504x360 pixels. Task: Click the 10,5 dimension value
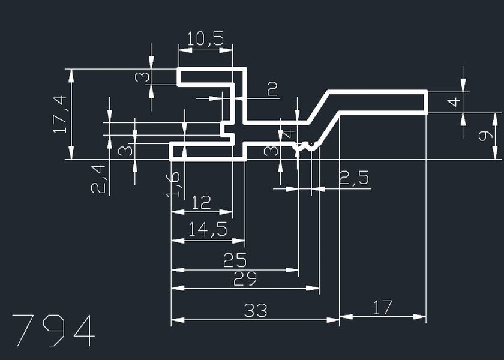pyautogui.click(x=205, y=40)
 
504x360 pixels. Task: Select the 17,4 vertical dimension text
pyautogui.click(x=60, y=114)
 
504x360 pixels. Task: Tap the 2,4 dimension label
pyautogui.click(x=100, y=179)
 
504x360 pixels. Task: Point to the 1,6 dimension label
pyautogui.click(x=172, y=185)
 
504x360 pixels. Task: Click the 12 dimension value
pyautogui.click(x=201, y=203)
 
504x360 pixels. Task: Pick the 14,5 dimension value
pyautogui.click(x=208, y=230)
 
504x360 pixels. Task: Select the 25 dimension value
pyautogui.click(x=235, y=260)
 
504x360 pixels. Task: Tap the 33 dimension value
pyautogui.click(x=256, y=311)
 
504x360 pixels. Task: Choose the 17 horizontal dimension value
pyautogui.click(x=382, y=308)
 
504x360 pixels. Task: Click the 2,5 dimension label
pyautogui.click(x=354, y=178)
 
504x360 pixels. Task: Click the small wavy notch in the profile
pyautogui.click(x=306, y=146)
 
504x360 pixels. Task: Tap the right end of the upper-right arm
pyautogui.click(x=426, y=101)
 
